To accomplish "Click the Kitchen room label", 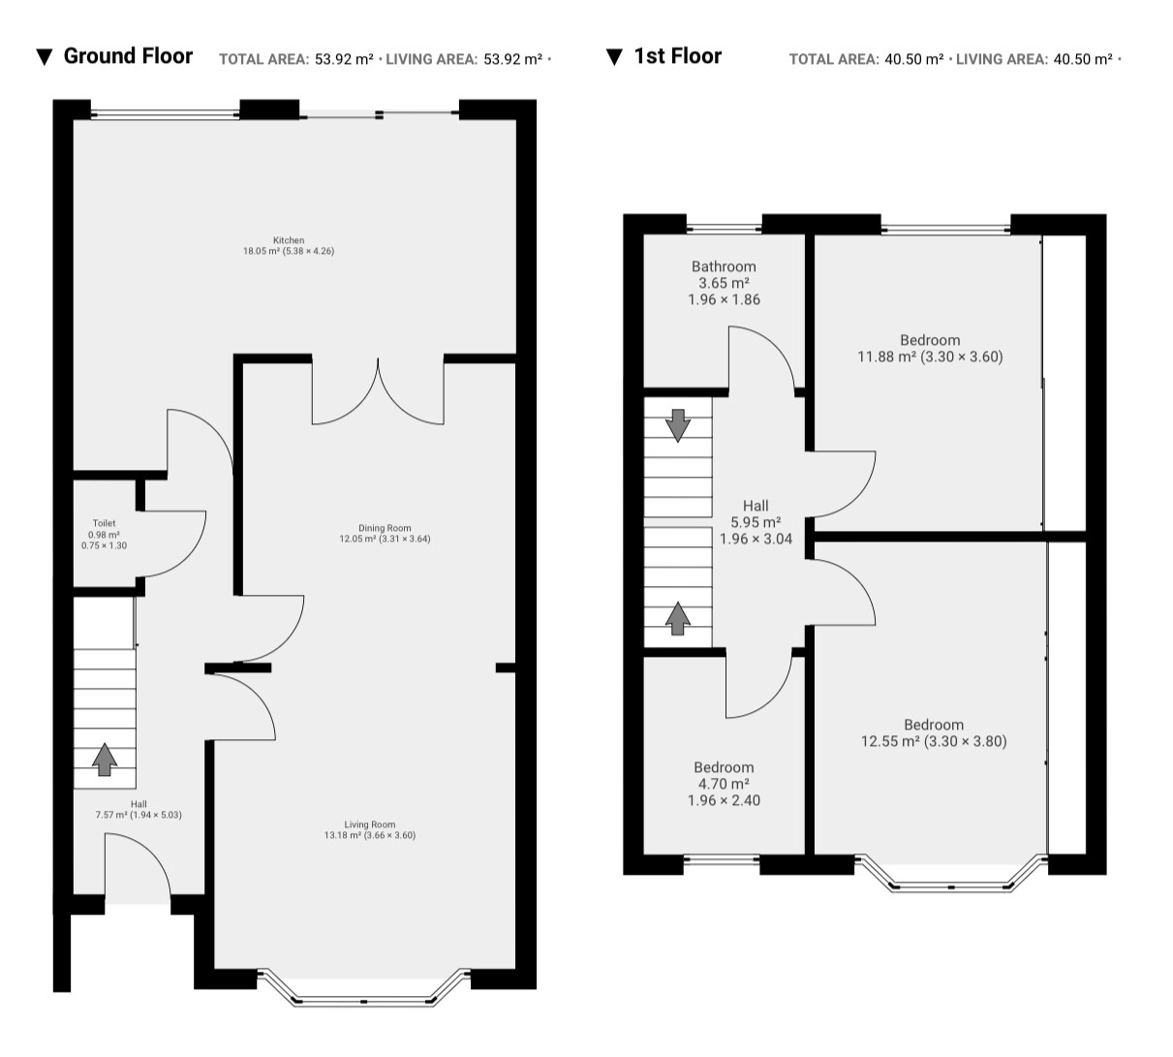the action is click(289, 240).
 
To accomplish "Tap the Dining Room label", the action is click(385, 528).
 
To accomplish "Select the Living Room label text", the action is click(370, 824).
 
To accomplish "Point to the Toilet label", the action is click(104, 523).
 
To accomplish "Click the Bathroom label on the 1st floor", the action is click(724, 266).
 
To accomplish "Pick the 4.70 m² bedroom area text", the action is click(724, 783).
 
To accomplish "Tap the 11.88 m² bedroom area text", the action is click(886, 357).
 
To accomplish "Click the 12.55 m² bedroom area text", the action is click(890, 741).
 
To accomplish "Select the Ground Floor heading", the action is click(128, 56).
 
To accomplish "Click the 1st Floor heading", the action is click(678, 56).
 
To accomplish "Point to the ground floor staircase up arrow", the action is click(105, 760).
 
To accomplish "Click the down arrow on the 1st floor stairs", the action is click(678, 425).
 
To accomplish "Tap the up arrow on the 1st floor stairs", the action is click(678, 618).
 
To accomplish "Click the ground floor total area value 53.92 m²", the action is click(344, 59).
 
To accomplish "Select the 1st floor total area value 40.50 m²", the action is click(914, 59).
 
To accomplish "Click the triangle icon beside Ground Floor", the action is click(45, 57).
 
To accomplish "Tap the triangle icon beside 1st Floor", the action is click(614, 57).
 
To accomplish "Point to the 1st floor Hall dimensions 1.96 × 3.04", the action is click(756, 539).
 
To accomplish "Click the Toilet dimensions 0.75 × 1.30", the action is click(104, 545).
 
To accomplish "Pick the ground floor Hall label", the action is click(139, 804).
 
